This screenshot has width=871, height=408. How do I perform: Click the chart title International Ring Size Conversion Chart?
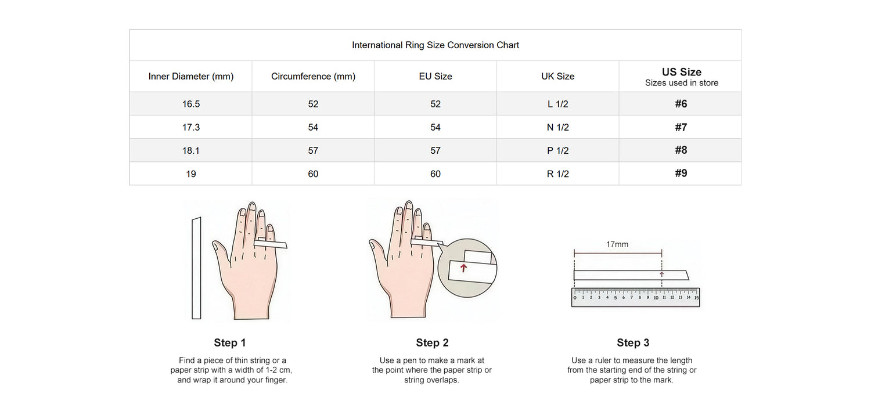[x=435, y=45]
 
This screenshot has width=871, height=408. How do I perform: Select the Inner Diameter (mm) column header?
[x=191, y=76]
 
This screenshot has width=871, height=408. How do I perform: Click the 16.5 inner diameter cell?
[x=191, y=104]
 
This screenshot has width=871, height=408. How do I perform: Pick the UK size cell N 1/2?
[x=557, y=127]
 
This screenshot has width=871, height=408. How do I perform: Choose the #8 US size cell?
[x=681, y=150]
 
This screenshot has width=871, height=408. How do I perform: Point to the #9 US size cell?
[x=681, y=173]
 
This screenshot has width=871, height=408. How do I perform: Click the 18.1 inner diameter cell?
[x=191, y=150]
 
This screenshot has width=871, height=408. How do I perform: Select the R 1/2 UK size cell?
[x=557, y=174]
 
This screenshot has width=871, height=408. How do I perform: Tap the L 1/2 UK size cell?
[x=557, y=104]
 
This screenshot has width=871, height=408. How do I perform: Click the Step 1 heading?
[x=230, y=343]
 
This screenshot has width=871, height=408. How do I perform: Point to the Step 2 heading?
[x=432, y=343]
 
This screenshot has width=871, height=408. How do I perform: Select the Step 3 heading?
[x=633, y=343]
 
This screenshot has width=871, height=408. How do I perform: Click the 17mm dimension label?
[x=617, y=244]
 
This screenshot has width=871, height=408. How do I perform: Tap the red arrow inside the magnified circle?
[x=463, y=268]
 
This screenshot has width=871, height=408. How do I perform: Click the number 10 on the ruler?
[x=656, y=298]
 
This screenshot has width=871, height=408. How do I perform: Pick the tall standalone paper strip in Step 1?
[x=196, y=268]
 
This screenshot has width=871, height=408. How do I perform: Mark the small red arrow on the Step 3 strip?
[x=661, y=275]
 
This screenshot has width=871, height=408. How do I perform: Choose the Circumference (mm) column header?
[x=313, y=76]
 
